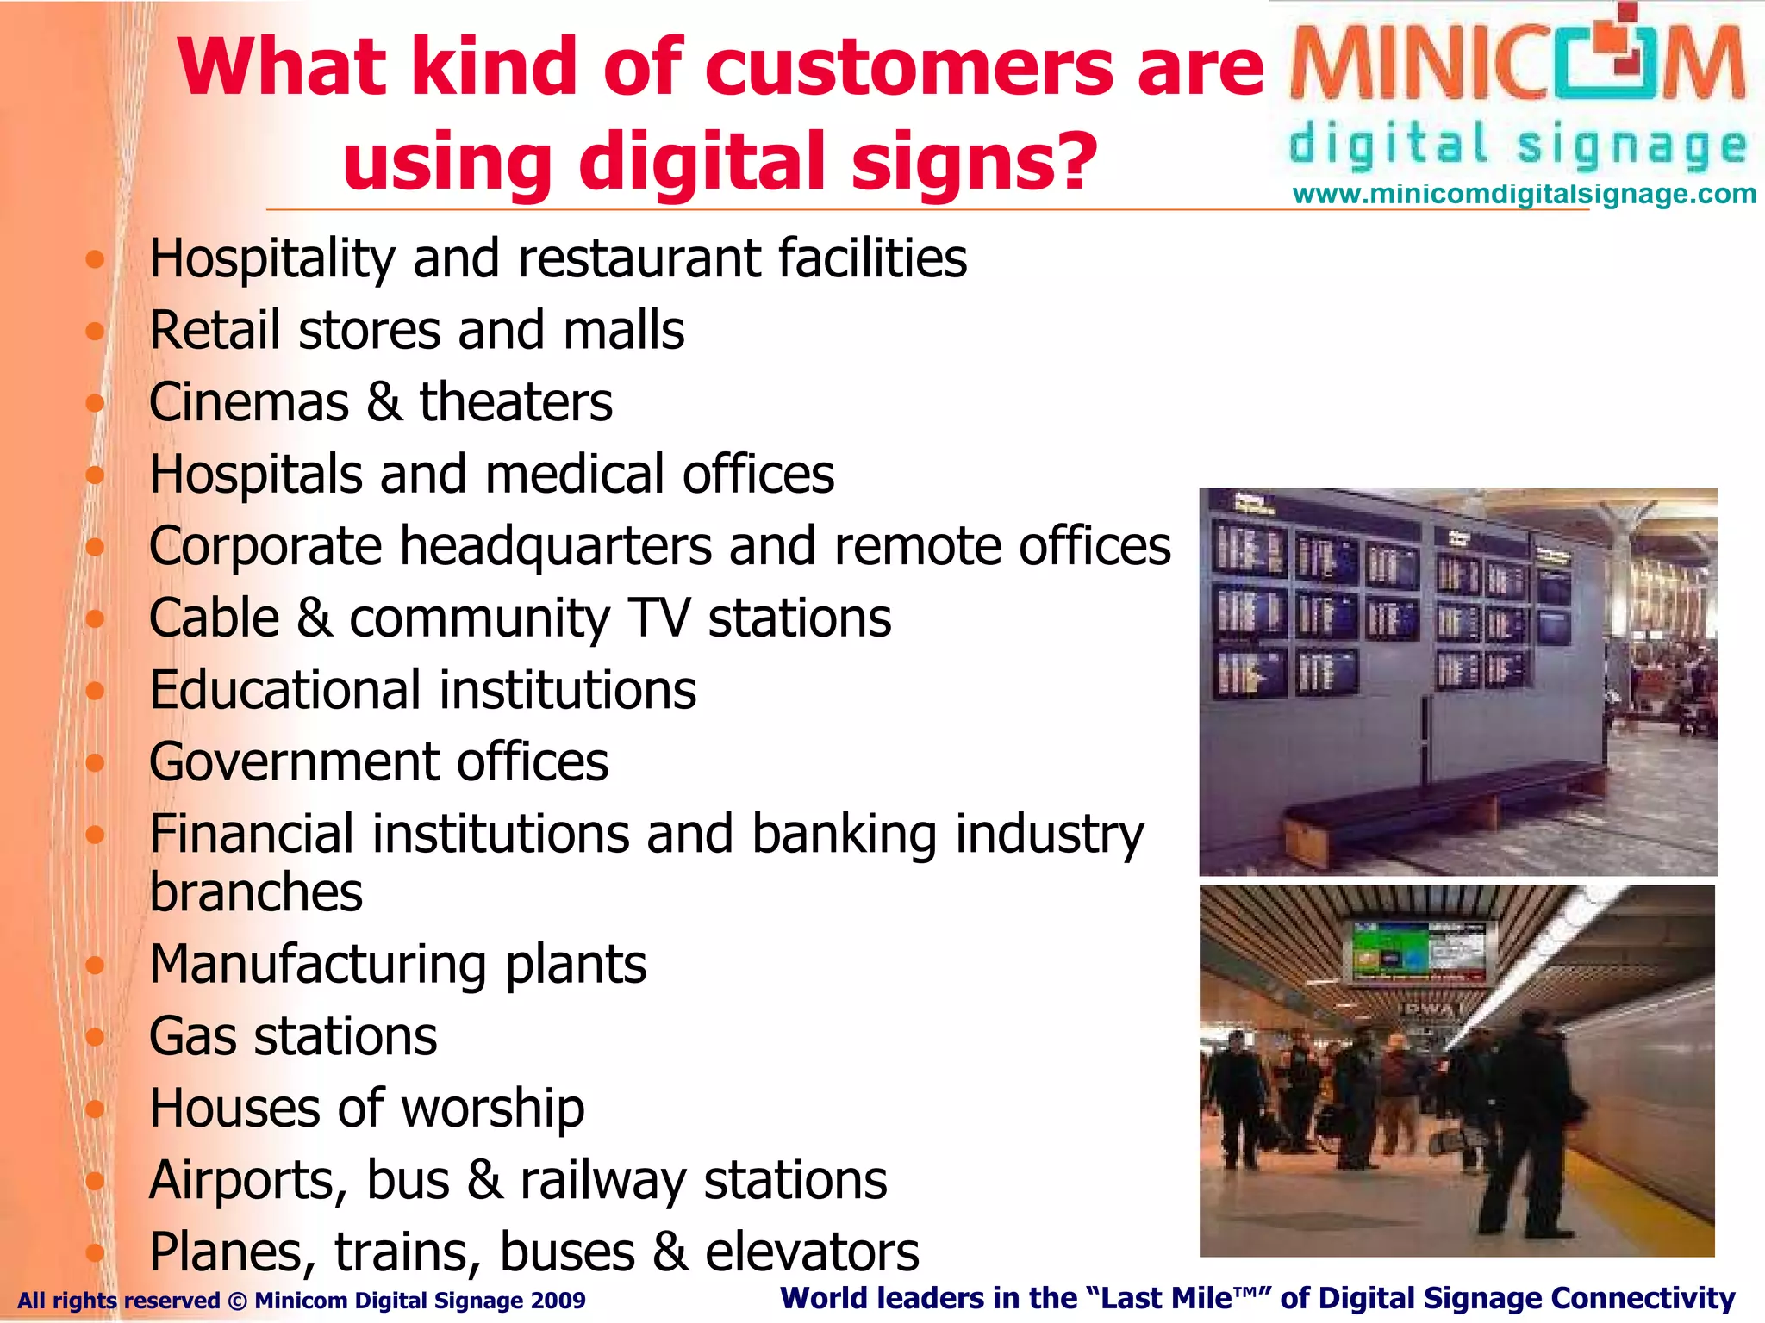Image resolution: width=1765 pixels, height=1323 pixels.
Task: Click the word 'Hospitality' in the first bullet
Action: pos(271,259)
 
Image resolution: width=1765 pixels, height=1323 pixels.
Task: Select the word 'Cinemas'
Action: pos(248,403)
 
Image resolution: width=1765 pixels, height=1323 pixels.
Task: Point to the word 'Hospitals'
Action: pos(255,475)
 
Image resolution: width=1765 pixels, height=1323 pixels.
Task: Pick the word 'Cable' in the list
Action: pos(214,618)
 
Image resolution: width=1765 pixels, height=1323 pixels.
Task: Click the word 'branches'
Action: pos(256,892)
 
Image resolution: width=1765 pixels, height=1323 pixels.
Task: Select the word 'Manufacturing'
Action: pos(317,965)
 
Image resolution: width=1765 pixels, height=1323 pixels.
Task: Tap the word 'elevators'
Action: pos(812,1252)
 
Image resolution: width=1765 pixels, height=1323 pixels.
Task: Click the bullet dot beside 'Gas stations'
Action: pos(95,1036)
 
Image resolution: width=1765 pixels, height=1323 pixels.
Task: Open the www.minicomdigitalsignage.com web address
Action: pos(1524,195)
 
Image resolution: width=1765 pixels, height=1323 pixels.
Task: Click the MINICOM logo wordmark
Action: pos(1518,65)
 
